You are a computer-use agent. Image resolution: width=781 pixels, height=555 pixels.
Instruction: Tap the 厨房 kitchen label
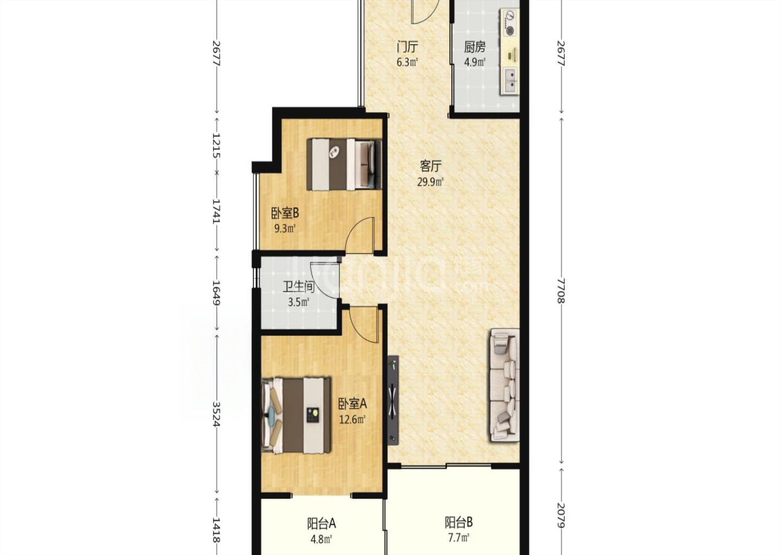[475, 47]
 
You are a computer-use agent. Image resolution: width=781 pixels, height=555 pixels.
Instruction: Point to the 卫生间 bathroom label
[298, 287]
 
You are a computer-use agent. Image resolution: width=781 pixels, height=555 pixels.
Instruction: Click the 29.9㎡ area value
[431, 182]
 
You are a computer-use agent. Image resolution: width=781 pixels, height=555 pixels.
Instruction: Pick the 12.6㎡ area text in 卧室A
[353, 420]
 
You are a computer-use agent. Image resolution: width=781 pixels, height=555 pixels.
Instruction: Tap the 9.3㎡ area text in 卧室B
[285, 229]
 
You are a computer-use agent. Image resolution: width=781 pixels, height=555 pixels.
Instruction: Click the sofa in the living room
[504, 385]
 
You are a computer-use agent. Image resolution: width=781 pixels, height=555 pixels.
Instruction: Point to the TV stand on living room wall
[393, 400]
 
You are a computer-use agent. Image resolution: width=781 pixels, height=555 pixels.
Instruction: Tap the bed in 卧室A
[296, 415]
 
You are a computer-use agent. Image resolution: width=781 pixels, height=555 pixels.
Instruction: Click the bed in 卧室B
[344, 164]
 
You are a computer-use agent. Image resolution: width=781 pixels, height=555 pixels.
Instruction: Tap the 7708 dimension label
[561, 291]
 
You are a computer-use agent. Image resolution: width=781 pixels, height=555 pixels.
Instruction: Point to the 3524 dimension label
[216, 414]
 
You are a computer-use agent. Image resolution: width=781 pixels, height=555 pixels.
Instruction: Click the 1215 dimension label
[216, 145]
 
